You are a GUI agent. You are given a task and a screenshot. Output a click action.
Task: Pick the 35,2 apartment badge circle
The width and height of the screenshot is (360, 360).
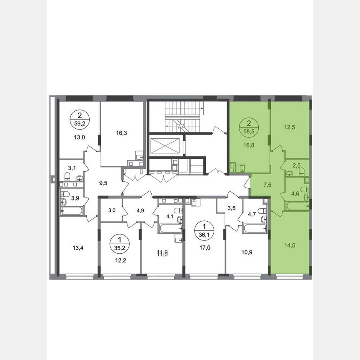(120, 242)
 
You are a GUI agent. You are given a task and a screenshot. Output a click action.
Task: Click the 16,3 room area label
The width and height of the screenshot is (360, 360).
(122, 133)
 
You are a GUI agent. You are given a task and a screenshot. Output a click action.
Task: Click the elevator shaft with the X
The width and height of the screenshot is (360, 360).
(165, 146)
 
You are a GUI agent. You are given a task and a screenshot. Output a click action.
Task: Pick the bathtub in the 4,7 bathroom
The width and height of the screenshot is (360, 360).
(255, 228)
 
